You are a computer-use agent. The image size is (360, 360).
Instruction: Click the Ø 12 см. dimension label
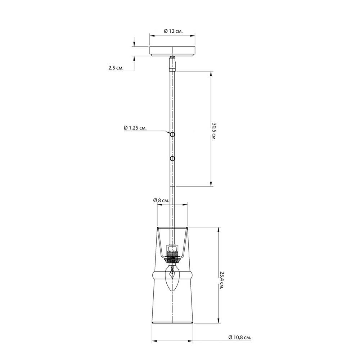(174, 31)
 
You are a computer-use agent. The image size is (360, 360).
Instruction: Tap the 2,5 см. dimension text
(116, 68)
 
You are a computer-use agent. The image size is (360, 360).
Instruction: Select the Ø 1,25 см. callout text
(135, 128)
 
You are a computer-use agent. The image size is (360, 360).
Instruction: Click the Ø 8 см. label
(161, 200)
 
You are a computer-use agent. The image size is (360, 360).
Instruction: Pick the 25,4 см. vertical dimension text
(221, 280)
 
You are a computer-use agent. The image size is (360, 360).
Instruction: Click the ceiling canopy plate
(172, 51)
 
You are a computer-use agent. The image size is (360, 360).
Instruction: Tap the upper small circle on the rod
(172, 135)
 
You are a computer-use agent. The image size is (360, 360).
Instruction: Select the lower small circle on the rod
(172, 159)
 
